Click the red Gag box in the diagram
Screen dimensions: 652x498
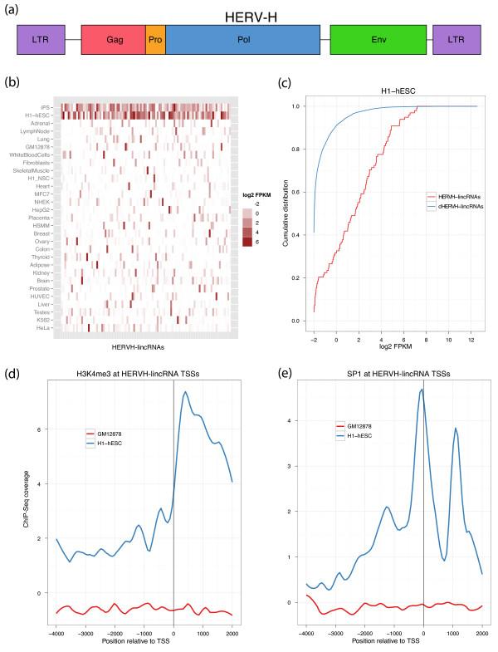(x=113, y=39)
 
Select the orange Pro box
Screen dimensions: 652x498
(x=155, y=39)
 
